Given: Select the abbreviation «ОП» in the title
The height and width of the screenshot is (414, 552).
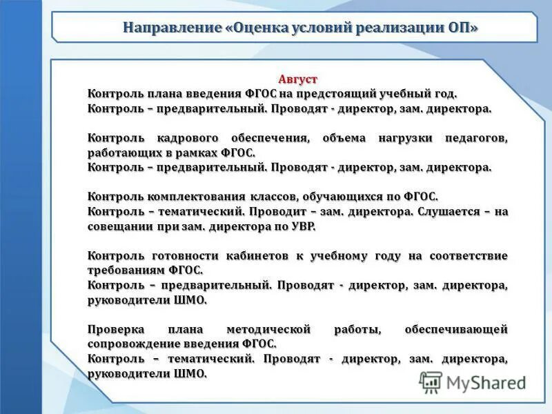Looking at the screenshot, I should pos(461,28).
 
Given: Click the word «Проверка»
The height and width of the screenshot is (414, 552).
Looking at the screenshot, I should pos(115,329).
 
